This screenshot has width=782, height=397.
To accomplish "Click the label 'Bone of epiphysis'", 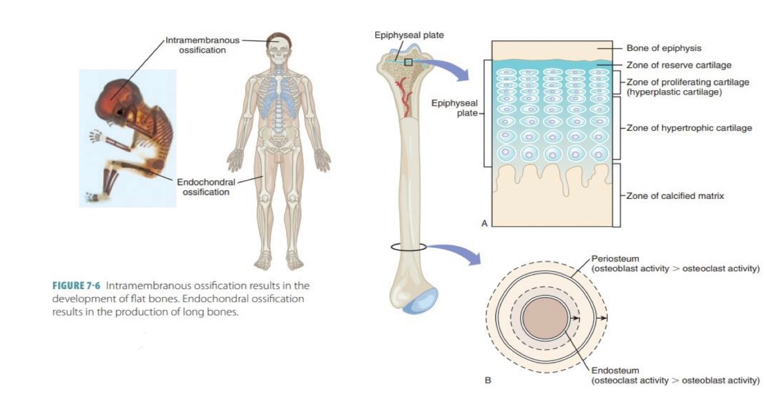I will [664, 48].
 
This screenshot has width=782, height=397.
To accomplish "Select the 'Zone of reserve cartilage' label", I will [679, 65].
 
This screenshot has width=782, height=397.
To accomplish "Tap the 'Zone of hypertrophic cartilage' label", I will [689, 128].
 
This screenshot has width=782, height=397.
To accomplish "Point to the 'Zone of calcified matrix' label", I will [675, 196].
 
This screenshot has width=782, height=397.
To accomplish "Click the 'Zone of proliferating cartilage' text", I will [688, 82].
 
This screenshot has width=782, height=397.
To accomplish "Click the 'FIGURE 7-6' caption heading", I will [77, 286].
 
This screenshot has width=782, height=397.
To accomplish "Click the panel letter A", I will [484, 223].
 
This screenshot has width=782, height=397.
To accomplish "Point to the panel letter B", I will [487, 381].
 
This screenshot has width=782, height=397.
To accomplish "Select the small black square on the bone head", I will [408, 61].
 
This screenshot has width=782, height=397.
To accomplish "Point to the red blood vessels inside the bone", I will [404, 94].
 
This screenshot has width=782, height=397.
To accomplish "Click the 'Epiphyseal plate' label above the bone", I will [409, 35].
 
